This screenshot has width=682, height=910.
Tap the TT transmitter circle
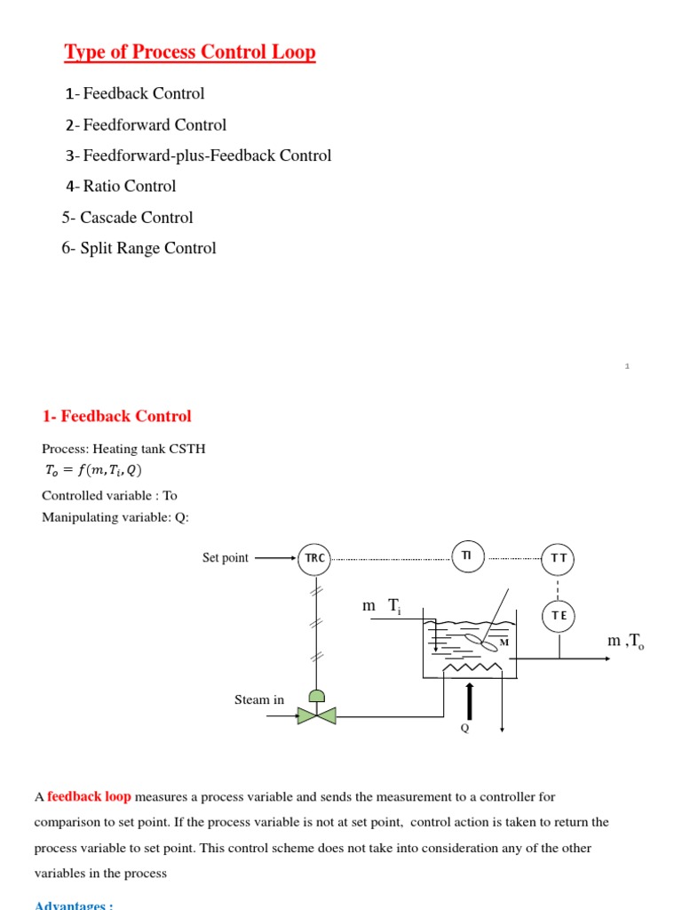pyautogui.click(x=559, y=558)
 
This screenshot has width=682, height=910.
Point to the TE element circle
pyautogui.click(x=559, y=615)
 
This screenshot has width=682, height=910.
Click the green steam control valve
pyautogui.click(x=316, y=714)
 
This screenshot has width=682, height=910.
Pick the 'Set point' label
pyautogui.click(x=226, y=558)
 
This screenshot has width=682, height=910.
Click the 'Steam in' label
pyautogui.click(x=259, y=699)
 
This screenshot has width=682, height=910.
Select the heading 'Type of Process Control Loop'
pyautogui.click(x=190, y=52)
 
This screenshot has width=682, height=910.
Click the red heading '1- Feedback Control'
pyautogui.click(x=117, y=416)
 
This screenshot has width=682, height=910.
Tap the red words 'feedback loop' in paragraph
pyautogui.click(x=89, y=797)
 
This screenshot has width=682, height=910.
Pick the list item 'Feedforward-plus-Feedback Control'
pyautogui.click(x=198, y=156)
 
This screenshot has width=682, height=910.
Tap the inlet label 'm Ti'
pyautogui.click(x=382, y=606)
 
